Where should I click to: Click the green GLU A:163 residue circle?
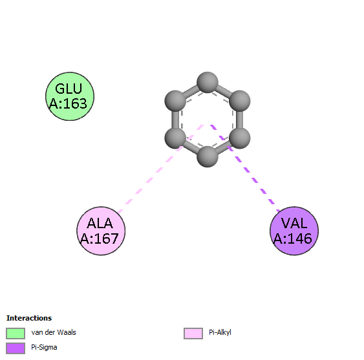click(x=70, y=96)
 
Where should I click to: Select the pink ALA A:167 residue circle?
click(x=101, y=231)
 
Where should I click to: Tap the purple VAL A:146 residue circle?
click(x=294, y=231)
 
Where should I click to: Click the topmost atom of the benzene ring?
click(x=208, y=83)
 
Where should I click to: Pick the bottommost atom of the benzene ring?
click(x=208, y=156)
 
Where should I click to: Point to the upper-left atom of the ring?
click(x=175, y=101)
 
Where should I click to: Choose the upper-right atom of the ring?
click(x=240, y=101)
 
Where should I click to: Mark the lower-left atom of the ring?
click(x=175, y=138)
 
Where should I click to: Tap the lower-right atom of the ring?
click(x=240, y=138)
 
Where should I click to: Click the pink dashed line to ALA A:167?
click(x=161, y=169)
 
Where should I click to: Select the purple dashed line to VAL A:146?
click(x=246, y=168)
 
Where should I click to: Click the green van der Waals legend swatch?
click(x=16, y=334)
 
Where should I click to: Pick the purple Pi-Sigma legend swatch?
click(x=16, y=348)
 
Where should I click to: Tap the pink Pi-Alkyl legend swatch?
click(x=193, y=334)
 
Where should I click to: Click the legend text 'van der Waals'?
click(x=54, y=332)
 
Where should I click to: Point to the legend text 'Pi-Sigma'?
click(x=44, y=348)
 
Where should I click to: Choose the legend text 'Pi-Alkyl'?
click(x=220, y=333)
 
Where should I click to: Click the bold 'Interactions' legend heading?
click(x=29, y=318)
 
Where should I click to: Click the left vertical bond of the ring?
click(x=175, y=120)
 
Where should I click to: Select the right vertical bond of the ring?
click(x=240, y=120)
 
